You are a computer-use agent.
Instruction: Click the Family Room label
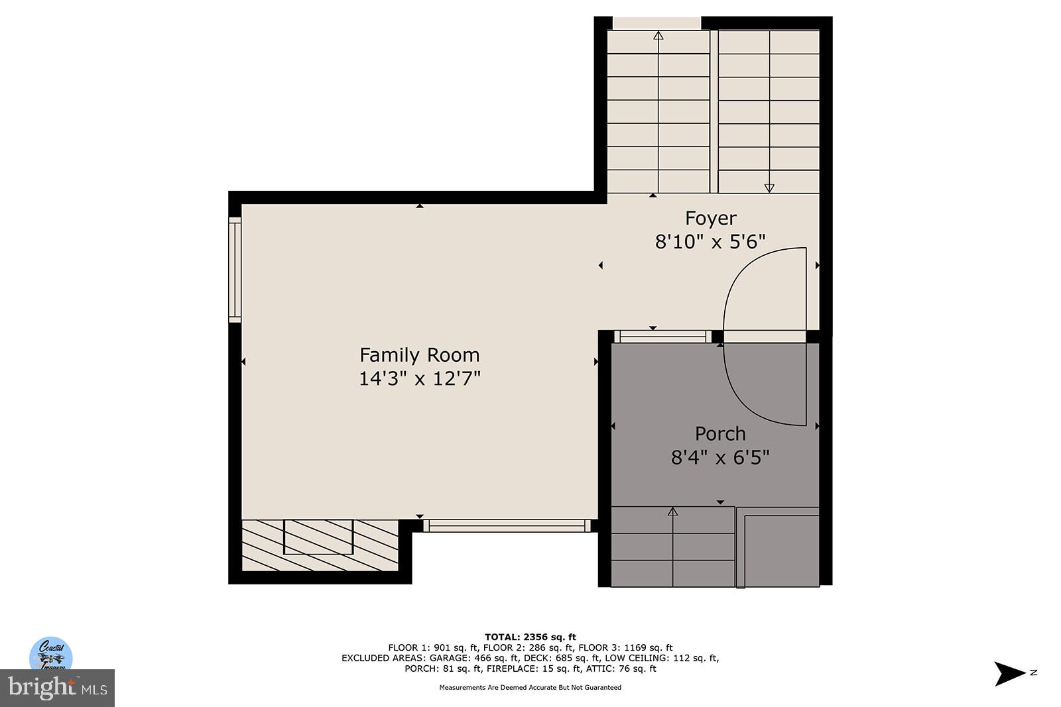pos(419,355)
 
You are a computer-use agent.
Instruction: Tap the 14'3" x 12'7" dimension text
pos(419,378)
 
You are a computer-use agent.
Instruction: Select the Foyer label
pos(710,218)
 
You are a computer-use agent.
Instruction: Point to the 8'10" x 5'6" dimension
pos(710,241)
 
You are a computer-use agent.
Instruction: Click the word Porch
pos(720,434)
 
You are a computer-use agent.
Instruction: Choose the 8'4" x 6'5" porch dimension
pos(720,457)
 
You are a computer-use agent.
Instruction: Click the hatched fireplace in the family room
pos(319,544)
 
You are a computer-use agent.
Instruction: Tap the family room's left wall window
pos(235,269)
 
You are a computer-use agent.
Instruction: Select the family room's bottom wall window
pos(507,525)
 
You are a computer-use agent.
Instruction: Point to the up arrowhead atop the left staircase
pos(658,35)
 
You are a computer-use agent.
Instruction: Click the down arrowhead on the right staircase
pos(769,188)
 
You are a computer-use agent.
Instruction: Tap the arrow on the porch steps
pos(672,511)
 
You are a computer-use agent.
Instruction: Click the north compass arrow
pos(1009,673)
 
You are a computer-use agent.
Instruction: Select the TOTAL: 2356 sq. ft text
pos(530,637)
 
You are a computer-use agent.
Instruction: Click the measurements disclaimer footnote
pos(530,687)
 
